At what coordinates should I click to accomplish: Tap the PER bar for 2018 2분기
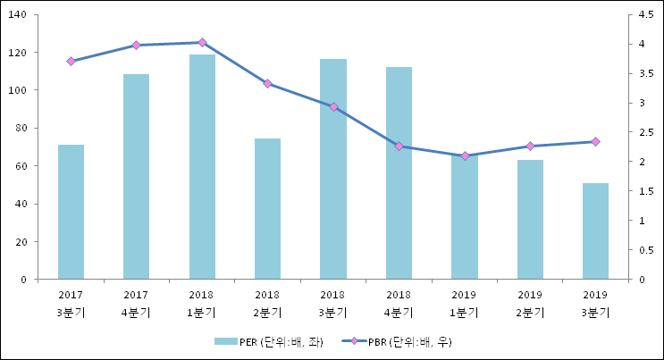[267, 209]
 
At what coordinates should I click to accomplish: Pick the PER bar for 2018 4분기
[399, 173]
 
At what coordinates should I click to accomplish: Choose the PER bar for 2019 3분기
[595, 231]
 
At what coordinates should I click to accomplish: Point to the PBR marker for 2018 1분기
[202, 42]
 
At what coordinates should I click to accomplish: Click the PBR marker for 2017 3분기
[71, 61]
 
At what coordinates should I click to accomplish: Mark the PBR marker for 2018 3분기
[333, 106]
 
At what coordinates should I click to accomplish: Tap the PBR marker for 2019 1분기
[465, 156]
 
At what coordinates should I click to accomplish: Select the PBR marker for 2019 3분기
[595, 141]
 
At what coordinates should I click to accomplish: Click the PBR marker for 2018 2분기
[267, 83]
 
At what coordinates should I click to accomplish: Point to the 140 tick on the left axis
[18, 14]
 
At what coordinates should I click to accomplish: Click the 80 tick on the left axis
[21, 128]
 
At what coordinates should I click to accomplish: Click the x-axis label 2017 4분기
[136, 303]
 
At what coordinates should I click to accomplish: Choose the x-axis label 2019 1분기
[465, 303]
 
